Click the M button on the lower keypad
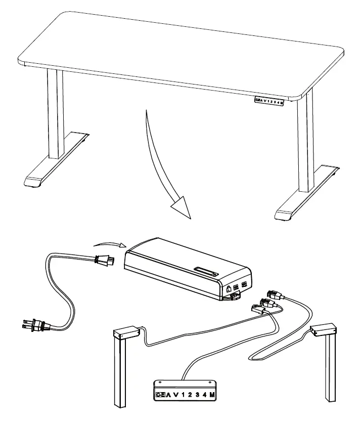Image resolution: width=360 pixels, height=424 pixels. coord(209,393)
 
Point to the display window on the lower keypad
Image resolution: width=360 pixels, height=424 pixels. coord(160,393)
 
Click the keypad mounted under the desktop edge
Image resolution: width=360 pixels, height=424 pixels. coord(269,100)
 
